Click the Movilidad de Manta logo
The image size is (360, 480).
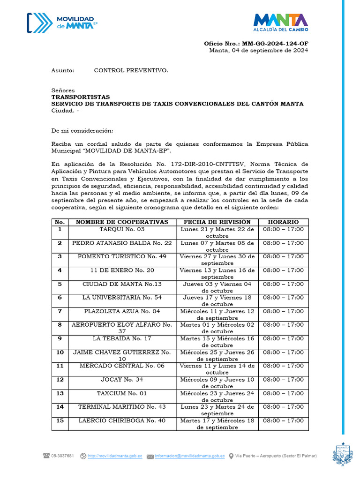[61, 22]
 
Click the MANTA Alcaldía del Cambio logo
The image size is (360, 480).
[280, 23]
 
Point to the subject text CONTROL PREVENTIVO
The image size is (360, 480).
[131, 70]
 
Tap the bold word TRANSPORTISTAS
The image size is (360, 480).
[81, 97]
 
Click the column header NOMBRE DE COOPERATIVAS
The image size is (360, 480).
[122, 222]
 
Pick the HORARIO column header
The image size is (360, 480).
[283, 222]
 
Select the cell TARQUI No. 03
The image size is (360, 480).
[122, 230]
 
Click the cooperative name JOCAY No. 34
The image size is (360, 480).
[122, 380]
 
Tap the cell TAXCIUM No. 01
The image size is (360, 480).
[122, 394]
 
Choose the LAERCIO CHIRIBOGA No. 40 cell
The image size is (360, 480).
[122, 421]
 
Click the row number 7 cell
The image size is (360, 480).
[60, 311]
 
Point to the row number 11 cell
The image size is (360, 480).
[60, 366]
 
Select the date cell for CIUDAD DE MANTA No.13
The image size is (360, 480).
[217, 287]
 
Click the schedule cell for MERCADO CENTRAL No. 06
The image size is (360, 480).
[283, 366]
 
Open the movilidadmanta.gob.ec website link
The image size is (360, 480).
[115, 456]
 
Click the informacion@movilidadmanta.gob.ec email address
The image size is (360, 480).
[190, 456]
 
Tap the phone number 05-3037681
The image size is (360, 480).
[62, 456]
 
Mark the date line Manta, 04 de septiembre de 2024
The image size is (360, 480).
[258, 51]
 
